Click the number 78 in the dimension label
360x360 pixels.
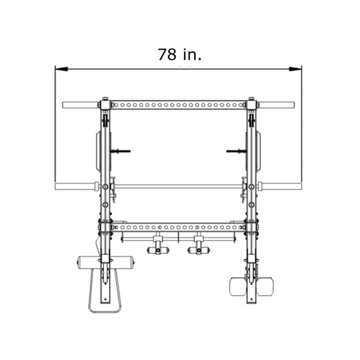pyautogui.click(x=167, y=55)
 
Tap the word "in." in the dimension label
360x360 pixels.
pyautogui.click(x=192, y=55)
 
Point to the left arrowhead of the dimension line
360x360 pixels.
pyautogui.click(x=61, y=69)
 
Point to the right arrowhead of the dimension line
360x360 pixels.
pyautogui.click(x=295, y=69)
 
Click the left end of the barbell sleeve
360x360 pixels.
pyautogui.click(x=56, y=186)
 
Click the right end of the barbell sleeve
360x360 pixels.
pyautogui.click(x=301, y=186)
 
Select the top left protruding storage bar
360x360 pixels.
pyautogui.click(x=81, y=105)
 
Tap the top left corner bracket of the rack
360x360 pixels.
pyautogui.click(x=106, y=105)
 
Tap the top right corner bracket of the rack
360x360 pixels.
pyautogui.click(x=252, y=105)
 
